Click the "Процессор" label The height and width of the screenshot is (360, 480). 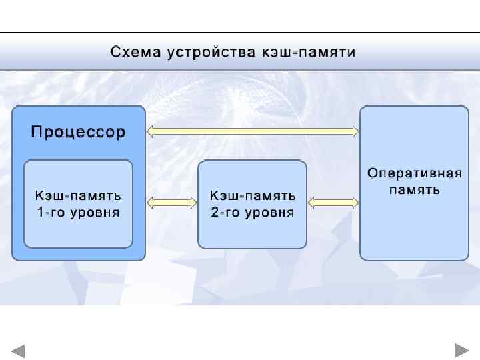pyautogui.click(x=78, y=131)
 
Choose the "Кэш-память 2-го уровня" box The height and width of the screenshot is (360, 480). pyautogui.click(x=252, y=204)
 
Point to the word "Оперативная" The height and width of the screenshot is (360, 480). pyautogui.click(x=414, y=174)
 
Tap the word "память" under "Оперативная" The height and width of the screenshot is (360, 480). pyautogui.click(x=414, y=189)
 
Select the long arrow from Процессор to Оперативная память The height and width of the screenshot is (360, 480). pyautogui.click(x=253, y=131)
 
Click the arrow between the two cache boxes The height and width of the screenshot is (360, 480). pyautogui.click(x=172, y=202)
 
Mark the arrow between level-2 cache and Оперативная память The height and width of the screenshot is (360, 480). pyautogui.click(x=333, y=202)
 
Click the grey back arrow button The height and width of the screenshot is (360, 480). pyautogui.click(x=18, y=351)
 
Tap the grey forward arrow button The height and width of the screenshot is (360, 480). pyautogui.click(x=461, y=350)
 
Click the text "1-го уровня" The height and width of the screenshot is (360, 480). pyautogui.click(x=78, y=213)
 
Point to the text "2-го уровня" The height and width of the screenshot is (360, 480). pyautogui.click(x=253, y=213)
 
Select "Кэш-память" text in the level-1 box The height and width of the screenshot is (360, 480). pyautogui.click(x=78, y=196)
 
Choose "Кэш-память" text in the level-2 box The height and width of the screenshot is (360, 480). pyautogui.click(x=253, y=196)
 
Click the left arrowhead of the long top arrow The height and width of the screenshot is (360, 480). pyautogui.click(x=151, y=131)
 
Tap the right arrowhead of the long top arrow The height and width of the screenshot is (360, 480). pyautogui.click(x=355, y=131)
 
